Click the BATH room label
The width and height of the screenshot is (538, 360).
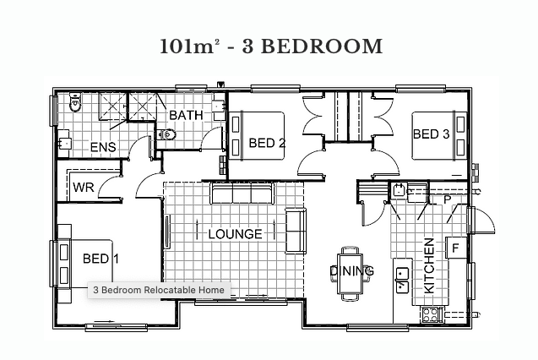coord(186,115)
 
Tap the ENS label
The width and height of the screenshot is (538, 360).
coord(103,147)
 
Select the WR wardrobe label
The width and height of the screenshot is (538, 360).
coord(84,188)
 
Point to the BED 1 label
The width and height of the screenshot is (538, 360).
coord(101,259)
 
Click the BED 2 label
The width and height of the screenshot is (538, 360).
coord(267,143)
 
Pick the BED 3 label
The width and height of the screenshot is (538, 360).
coord(431,134)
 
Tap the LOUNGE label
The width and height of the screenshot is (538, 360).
coord(236,234)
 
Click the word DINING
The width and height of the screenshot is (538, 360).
coord(351,271)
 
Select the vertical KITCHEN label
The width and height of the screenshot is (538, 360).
coord(429,266)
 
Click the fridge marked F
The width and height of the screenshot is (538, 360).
coord(456,248)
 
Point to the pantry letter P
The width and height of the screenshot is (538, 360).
coord(447,199)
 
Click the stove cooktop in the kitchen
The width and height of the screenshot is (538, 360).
coord(430,314)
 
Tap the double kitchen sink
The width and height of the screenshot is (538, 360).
coord(402,281)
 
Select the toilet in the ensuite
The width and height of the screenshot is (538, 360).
coord(75,101)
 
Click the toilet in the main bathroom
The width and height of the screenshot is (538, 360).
coord(166,134)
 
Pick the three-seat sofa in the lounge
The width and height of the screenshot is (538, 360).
coord(242,193)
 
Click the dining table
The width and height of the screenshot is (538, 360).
coord(350,274)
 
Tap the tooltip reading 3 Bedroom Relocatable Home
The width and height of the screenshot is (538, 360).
coord(159,290)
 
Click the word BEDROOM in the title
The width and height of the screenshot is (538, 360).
coord(322,46)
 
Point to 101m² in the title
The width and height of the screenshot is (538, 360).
coord(190,46)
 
